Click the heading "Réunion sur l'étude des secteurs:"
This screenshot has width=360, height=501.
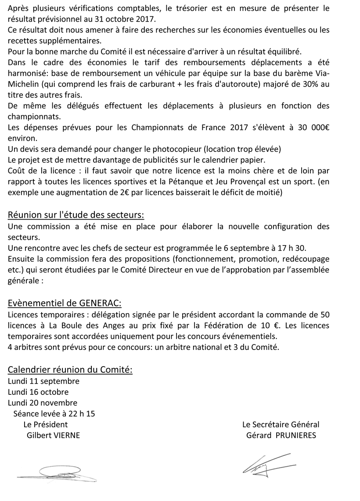(x=76, y=215)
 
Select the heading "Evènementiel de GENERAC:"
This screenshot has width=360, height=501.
(x=65, y=303)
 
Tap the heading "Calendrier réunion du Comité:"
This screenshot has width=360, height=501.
(x=70, y=370)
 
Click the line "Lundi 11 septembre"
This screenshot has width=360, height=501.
(x=43, y=381)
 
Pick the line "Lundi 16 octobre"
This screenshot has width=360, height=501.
(x=38, y=392)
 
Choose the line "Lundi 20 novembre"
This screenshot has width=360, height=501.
(x=43, y=403)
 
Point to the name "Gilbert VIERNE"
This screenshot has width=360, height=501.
(x=54, y=435)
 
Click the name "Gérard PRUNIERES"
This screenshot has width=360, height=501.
(x=281, y=435)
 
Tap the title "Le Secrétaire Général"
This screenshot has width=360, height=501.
(x=281, y=425)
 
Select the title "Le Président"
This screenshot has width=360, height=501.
(x=46, y=425)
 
